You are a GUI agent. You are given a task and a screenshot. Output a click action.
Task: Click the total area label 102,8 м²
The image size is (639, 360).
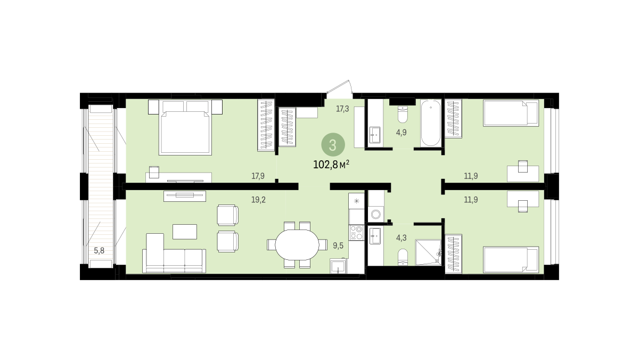pyautogui.click(x=331, y=165)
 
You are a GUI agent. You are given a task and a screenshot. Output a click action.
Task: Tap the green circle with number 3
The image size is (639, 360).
pyautogui.click(x=333, y=145)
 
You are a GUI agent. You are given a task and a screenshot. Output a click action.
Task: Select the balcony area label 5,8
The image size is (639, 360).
pyautogui.click(x=99, y=251)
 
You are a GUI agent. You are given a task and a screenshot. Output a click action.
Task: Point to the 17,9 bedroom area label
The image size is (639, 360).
pyautogui.click(x=258, y=176)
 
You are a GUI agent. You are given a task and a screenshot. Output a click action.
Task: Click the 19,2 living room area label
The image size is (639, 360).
pyautogui.click(x=258, y=200)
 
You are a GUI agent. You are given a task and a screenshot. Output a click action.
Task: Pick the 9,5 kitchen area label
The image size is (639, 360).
pyautogui.click(x=338, y=246)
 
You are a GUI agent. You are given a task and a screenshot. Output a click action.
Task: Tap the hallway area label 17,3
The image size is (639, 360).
pyautogui.click(x=342, y=109)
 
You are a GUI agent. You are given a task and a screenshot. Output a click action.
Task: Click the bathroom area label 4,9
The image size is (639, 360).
pyautogui.click(x=401, y=133)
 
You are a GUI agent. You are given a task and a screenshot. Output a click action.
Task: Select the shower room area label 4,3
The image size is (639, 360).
pyautogui.click(x=401, y=238)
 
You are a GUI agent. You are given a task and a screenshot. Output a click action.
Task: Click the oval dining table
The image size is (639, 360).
pyautogui.click(x=297, y=245)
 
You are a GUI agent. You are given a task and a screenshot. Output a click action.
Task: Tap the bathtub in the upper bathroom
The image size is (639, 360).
pyautogui.click(x=431, y=123)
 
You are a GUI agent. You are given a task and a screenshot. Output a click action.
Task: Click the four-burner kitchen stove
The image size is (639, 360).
pyautogui.click(x=356, y=233)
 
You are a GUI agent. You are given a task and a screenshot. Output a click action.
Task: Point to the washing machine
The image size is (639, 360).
pyautogui.click(x=376, y=214)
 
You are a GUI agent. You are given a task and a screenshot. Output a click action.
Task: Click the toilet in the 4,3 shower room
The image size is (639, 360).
pyautogui.click(x=403, y=257)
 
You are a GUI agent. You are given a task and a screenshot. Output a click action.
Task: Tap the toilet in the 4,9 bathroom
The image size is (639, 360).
pyautogui.click(x=403, y=114)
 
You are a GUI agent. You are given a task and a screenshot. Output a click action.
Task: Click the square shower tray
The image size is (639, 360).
pyautogui.click(x=428, y=252)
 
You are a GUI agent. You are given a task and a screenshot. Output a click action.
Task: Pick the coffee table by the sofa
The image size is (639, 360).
pyautogui.click(x=185, y=232)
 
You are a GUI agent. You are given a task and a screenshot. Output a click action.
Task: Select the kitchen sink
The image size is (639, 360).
pyautogui.click(x=338, y=266)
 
